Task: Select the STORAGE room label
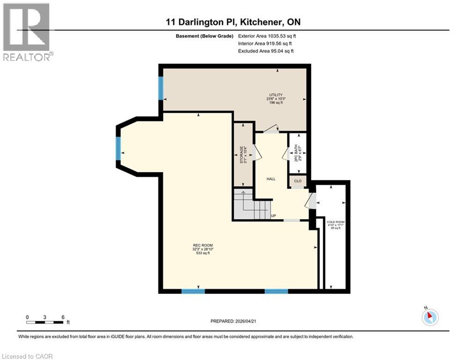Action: click(242, 154)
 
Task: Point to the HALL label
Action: click(271, 179)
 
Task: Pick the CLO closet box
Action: click(297, 180)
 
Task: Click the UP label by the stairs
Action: click(274, 216)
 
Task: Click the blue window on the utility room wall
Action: click(161, 88)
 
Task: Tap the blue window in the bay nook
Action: click(118, 152)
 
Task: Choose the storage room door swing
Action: click(257, 153)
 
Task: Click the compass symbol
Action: click(429, 316)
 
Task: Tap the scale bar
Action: click(45, 321)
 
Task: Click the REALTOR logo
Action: click(27, 31)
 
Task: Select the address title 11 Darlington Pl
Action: click(233, 22)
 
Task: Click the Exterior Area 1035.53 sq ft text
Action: click(266, 36)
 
